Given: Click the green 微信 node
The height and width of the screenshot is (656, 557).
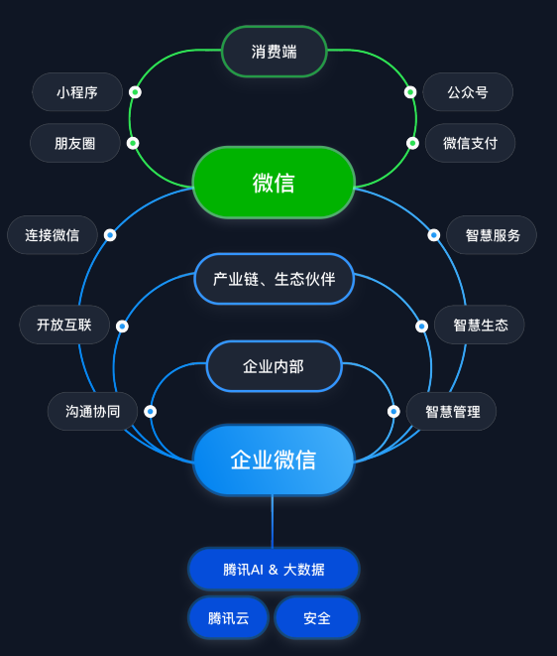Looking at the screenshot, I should [x=274, y=183].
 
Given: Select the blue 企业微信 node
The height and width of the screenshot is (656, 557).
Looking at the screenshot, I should [x=274, y=459].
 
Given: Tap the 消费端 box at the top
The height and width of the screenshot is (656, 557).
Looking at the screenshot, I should [x=275, y=52].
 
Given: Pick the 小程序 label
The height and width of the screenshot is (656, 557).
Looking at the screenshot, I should [x=77, y=92].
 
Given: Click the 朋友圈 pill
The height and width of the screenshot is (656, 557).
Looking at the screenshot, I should [x=75, y=143].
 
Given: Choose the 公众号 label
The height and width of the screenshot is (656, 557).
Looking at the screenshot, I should [x=468, y=92].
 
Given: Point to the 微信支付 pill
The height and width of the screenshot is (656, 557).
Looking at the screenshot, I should [x=471, y=143].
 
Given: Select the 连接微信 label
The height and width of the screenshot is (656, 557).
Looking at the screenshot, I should [x=53, y=235].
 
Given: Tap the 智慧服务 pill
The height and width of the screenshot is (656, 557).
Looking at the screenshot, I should [x=493, y=235].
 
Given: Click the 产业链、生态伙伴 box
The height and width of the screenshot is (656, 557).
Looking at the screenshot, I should [x=275, y=279].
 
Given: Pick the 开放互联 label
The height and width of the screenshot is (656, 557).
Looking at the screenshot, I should [x=64, y=325].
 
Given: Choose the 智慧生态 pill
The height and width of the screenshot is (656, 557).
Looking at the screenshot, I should [x=481, y=325].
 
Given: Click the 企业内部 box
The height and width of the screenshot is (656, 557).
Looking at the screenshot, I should [x=274, y=366].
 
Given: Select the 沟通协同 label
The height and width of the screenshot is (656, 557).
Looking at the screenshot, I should [x=93, y=411].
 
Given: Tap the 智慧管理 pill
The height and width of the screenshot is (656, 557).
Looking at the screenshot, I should [x=452, y=411].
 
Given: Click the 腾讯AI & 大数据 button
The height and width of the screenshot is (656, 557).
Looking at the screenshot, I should [x=274, y=570].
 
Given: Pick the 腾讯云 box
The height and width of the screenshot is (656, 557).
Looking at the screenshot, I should [x=229, y=618].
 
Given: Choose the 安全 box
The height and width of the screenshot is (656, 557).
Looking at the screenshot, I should [x=317, y=618].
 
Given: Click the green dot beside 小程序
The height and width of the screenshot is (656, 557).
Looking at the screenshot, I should [x=135, y=92].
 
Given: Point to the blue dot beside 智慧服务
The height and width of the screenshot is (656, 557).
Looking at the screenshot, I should [x=434, y=235].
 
